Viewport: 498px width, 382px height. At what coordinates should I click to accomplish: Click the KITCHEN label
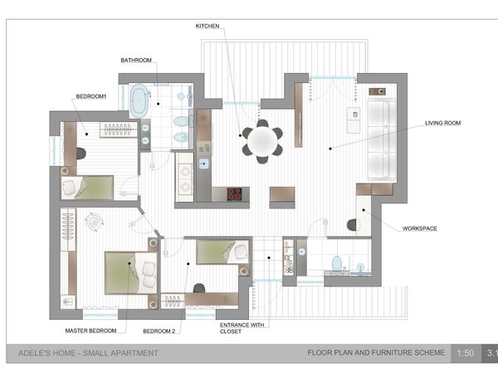[207, 26]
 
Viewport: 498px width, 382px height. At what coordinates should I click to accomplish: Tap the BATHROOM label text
[136, 60]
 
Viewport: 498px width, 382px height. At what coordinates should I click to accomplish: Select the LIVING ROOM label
[442, 123]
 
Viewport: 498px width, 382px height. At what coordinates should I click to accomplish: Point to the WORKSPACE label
[419, 228]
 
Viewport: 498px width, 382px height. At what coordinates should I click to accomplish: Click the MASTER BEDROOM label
[90, 331]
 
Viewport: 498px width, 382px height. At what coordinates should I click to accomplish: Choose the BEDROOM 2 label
[159, 331]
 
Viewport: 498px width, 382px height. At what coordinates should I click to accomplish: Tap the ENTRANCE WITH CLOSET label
[242, 328]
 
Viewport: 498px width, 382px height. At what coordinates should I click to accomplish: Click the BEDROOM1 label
[90, 96]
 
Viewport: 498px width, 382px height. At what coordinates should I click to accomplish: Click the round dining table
[262, 141]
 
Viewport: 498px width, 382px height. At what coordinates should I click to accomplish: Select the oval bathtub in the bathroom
[139, 100]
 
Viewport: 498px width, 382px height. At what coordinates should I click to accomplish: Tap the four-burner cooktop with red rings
[234, 194]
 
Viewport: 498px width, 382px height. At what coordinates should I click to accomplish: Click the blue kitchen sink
[204, 164]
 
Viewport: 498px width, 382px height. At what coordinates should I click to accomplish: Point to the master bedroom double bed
[131, 273]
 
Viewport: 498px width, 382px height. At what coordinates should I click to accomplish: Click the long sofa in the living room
[382, 140]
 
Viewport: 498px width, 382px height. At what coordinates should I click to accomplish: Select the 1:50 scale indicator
[466, 353]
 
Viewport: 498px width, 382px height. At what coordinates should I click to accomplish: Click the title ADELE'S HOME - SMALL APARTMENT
[88, 353]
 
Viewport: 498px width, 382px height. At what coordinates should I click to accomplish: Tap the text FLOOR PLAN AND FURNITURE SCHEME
[376, 352]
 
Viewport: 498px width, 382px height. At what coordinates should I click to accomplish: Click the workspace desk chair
[352, 225]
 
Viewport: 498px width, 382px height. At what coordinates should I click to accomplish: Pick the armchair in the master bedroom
[95, 221]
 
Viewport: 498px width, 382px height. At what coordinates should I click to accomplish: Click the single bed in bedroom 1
[87, 188]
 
